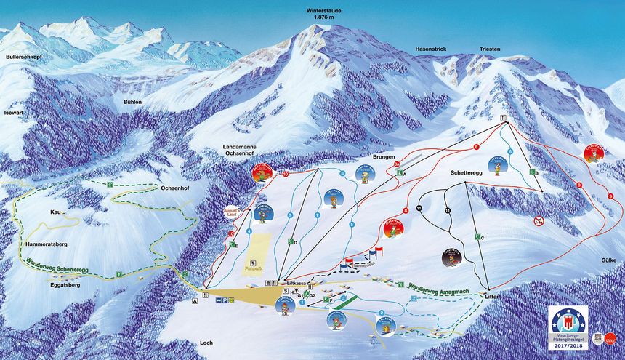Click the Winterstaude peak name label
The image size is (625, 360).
pyautogui.click(x=323, y=12)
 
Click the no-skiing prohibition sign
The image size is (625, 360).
pyautogui.click(x=539, y=220)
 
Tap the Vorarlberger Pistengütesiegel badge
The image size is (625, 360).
pyautogui.click(x=568, y=327)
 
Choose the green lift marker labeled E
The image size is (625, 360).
pyautogui.click(x=235, y=246)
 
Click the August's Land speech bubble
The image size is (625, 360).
pyautogui.click(x=230, y=209)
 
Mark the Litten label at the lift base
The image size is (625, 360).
pyautogui.click(x=493, y=296)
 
